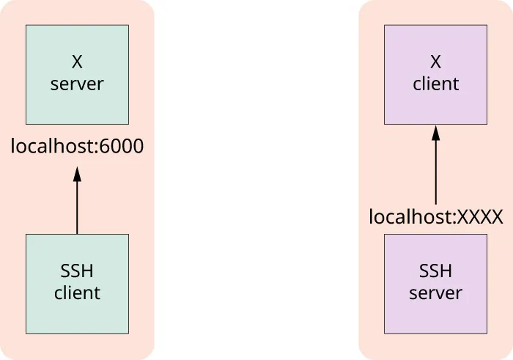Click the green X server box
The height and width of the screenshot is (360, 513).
pos(77,74)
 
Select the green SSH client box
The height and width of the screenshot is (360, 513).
pos(77,284)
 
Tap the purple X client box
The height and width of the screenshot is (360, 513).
pos(435,74)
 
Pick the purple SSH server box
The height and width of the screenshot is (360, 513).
pos(435,284)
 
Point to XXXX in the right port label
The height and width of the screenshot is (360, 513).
pos(480,217)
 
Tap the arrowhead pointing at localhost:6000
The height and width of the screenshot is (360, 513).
pos(77,174)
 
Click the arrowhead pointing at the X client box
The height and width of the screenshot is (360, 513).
pos(436,133)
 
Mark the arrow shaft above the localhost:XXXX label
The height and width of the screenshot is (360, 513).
pos(436,172)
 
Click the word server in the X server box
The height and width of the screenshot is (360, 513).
pos(77,84)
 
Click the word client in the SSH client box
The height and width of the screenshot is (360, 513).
pos(77,293)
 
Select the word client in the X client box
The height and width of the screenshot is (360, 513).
pos(436,84)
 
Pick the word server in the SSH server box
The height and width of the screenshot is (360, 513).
pos(436,293)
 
